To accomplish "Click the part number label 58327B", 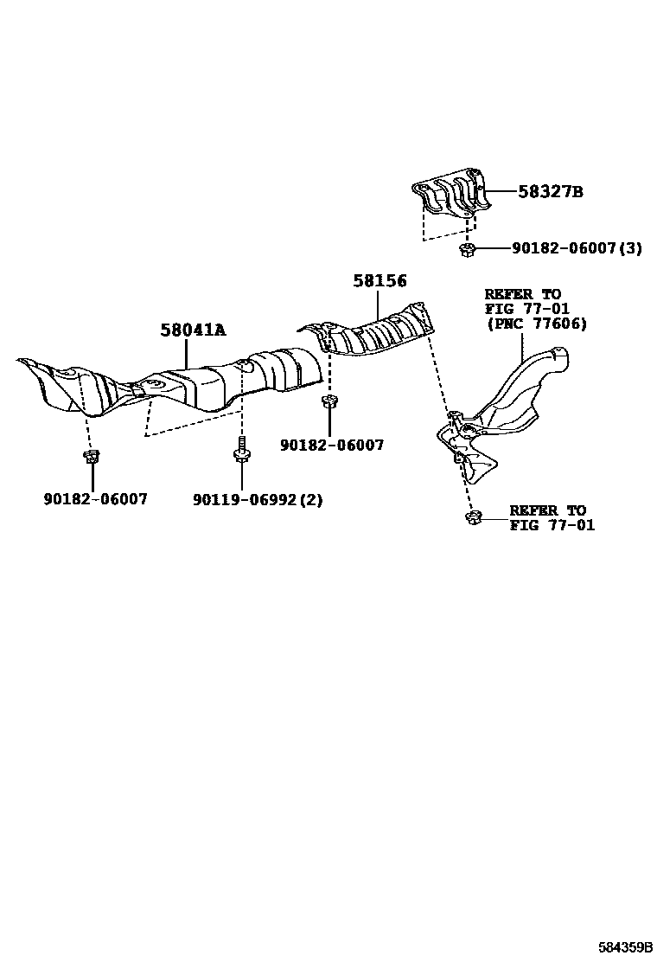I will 550,192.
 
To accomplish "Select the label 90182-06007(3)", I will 577,248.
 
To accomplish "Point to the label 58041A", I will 192,330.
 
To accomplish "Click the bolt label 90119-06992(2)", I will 258,499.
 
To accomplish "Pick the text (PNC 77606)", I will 535,324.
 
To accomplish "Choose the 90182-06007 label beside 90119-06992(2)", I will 95,499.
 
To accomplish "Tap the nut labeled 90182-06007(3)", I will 467,250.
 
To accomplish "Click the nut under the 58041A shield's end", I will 90,457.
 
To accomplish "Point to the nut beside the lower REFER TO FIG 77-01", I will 471,518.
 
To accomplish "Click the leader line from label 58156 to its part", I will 379,303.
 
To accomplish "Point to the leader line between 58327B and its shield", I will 503,192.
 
